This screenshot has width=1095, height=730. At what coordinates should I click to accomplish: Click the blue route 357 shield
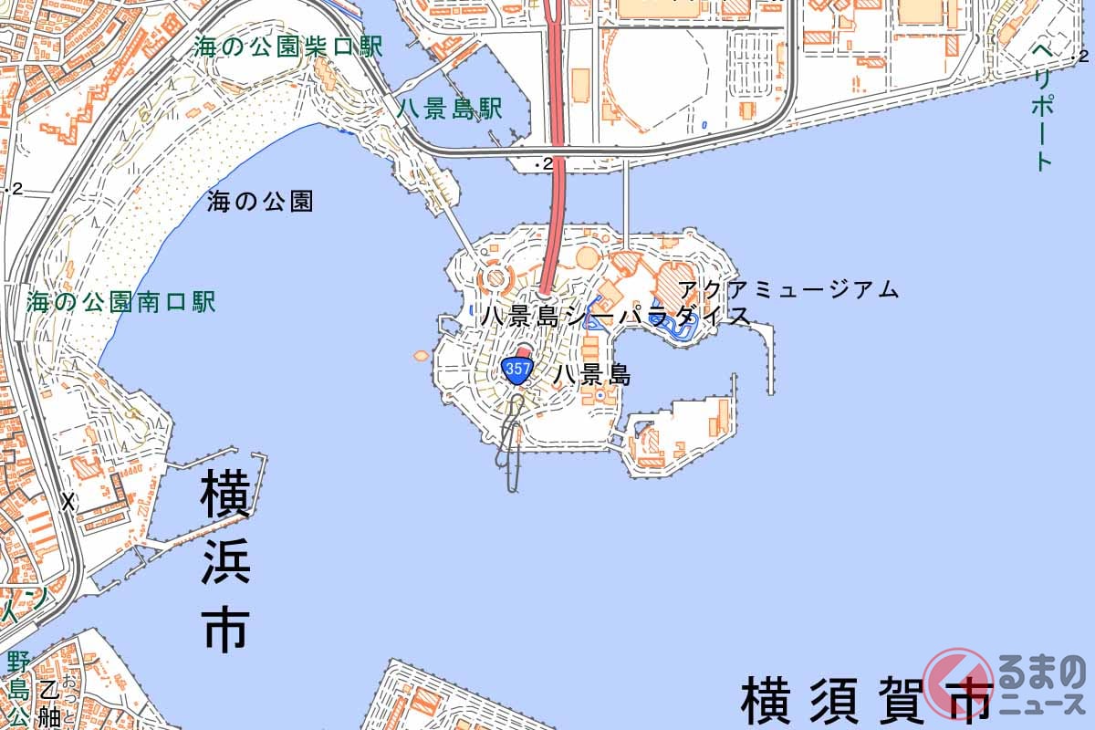pos(516,370)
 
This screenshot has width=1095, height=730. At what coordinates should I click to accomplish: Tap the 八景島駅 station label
pos(451,109)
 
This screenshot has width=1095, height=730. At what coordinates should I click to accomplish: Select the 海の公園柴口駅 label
pos(288,47)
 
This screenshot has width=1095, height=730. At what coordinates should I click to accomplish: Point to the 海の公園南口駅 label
pos(121,302)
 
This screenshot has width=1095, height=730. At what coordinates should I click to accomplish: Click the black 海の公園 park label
pos(260,202)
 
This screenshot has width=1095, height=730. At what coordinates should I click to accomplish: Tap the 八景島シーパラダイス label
pos(617,317)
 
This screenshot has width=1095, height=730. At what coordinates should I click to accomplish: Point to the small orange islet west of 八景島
pos(421,354)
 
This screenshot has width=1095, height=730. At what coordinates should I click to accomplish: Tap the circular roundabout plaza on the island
pos(495,276)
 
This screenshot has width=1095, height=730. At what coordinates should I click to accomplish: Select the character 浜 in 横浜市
pos(224,566)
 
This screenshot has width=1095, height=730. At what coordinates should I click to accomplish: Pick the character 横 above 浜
pos(224,495)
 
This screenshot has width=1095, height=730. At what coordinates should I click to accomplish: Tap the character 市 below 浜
pos(224,631)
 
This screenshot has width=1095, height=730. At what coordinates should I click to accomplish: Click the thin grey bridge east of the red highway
pos(626,204)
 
